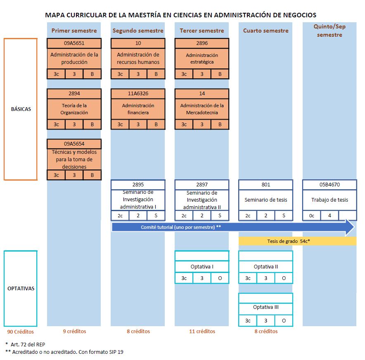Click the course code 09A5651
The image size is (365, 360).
[x=74, y=43]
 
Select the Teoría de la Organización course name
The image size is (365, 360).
[x=74, y=109]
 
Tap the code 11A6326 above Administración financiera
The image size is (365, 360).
[x=138, y=94]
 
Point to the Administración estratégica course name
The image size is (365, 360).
[x=202, y=59]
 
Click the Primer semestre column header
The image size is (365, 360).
[x=74, y=31]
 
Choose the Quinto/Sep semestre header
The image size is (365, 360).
[x=329, y=31]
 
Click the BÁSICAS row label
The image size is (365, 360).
[x=21, y=109]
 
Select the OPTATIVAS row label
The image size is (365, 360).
[x=21, y=288]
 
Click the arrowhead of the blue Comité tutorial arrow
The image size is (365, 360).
[x=350, y=227]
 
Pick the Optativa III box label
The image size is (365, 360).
[x=265, y=307]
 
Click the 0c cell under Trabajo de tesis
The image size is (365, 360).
[x=311, y=215]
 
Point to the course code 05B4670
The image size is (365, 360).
[x=329, y=185]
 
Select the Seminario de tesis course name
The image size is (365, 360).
[x=265, y=200]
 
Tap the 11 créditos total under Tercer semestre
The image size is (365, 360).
[x=202, y=331]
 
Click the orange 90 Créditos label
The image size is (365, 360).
[x=20, y=332]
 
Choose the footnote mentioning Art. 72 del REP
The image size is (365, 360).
[x=25, y=344]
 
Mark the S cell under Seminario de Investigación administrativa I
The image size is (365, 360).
[x=156, y=215]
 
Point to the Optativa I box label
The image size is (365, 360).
[x=202, y=267]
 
